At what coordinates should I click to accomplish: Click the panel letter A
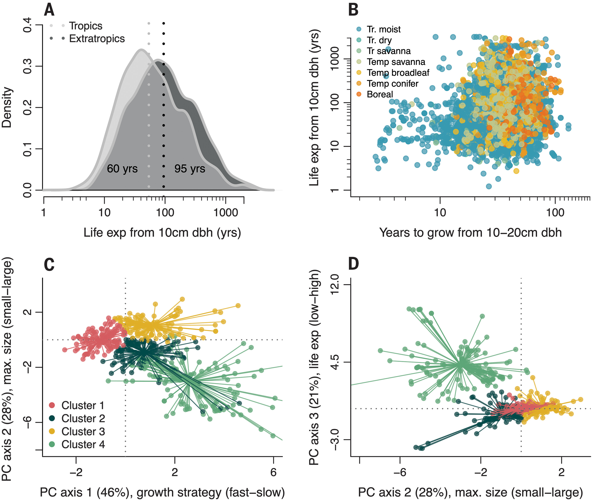[49, 10]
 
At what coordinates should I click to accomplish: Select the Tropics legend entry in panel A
[85, 26]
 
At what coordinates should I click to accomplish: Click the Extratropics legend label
[97, 38]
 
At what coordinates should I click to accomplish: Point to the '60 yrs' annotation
[122, 169]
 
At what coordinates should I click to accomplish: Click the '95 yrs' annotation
[190, 169]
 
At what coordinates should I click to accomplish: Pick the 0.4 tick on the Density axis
[28, 25]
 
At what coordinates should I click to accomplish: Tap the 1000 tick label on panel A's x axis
[226, 213]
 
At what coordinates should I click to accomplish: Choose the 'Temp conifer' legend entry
[392, 84]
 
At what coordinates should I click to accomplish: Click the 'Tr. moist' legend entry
[384, 29]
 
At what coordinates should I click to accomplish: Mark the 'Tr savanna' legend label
[389, 51]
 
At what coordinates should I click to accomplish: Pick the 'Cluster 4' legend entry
[83, 444]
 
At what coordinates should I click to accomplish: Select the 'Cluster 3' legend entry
[83, 431]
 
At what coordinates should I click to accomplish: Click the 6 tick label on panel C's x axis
[273, 472]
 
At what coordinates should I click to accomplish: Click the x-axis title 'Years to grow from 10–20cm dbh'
[470, 233]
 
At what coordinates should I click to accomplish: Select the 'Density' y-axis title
[7, 108]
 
